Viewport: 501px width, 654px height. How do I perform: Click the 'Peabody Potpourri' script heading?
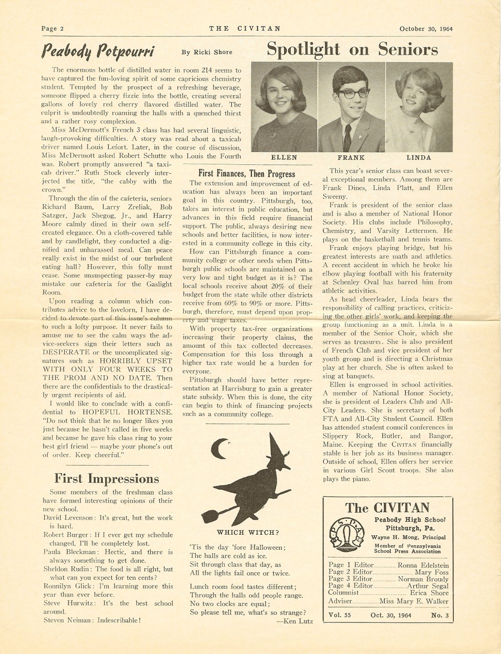click(98, 51)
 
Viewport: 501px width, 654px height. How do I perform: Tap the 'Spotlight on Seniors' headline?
click(352, 49)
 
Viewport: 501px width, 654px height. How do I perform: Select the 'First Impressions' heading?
click(106, 478)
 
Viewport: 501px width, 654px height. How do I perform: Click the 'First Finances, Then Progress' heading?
click(246, 173)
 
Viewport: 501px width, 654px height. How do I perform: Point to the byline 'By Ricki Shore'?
click(207, 52)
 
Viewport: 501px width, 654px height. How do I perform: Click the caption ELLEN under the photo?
click(284, 157)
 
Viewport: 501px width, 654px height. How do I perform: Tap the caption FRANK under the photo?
click(351, 157)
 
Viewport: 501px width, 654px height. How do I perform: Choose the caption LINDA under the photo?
click(418, 157)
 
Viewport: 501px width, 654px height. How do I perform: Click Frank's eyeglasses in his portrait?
click(353, 93)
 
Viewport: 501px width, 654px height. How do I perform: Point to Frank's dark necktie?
click(347, 136)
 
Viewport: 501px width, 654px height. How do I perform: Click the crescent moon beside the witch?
click(218, 448)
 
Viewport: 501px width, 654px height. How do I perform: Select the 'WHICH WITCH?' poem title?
click(248, 532)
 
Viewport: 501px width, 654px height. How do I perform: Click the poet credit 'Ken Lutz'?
click(297, 621)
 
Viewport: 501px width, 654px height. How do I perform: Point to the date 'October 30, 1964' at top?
click(426, 29)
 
